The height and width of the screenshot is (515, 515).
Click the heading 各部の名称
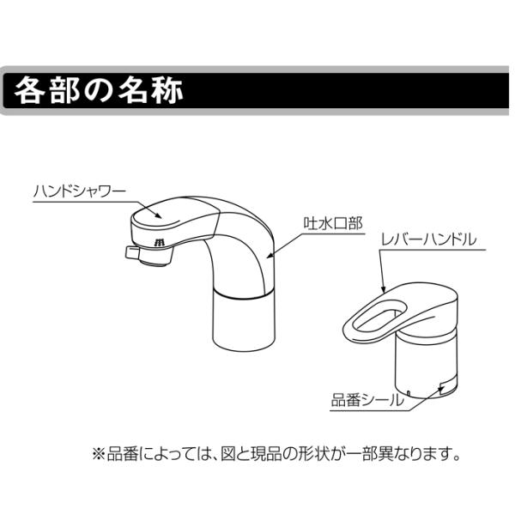tap(98, 90)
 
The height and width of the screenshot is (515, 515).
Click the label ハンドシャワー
tap(80, 191)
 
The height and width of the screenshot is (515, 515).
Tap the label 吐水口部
tap(333, 224)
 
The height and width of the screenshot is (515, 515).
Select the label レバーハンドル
tap(428, 239)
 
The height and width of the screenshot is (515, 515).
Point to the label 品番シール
tap(367, 400)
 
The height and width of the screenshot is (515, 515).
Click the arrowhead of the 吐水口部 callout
tap(271, 255)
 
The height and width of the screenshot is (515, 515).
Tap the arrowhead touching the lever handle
tap(383, 288)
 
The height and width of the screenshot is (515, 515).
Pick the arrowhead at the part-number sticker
tap(441, 389)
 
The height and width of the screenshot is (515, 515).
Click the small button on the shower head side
tap(131, 252)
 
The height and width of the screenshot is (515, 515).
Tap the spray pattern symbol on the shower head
tap(160, 242)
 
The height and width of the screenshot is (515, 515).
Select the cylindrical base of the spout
tap(244, 321)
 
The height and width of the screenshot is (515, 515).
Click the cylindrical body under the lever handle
tap(426, 365)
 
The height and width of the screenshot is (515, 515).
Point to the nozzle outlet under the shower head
tap(154, 257)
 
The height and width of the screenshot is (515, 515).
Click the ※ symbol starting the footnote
tap(100, 455)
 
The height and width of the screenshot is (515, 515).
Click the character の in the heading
tap(98, 91)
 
